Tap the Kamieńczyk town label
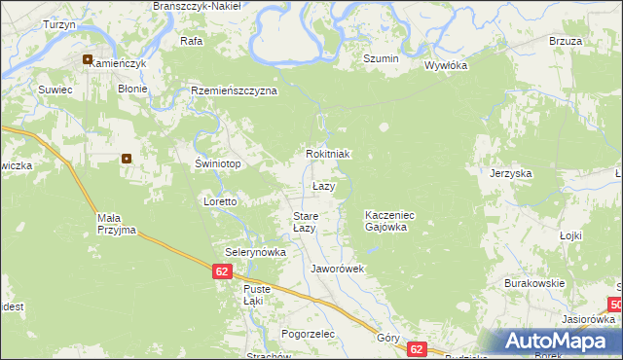click(x=119, y=63)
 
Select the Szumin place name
click(x=381, y=59)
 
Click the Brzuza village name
click(x=565, y=42)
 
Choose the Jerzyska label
click(x=511, y=173)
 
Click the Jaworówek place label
click(x=337, y=269)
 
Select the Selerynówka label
click(x=256, y=252)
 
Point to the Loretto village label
click(x=220, y=202)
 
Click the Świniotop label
click(x=218, y=164)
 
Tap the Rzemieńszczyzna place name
click(x=235, y=90)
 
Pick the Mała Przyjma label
click(x=116, y=225)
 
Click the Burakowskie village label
click(x=534, y=283)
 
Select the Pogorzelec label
click(x=307, y=334)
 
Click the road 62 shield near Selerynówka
click(x=223, y=272)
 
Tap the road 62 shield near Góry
click(x=417, y=348)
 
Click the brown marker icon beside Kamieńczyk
click(x=88, y=59)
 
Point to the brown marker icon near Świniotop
click(x=127, y=159)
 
